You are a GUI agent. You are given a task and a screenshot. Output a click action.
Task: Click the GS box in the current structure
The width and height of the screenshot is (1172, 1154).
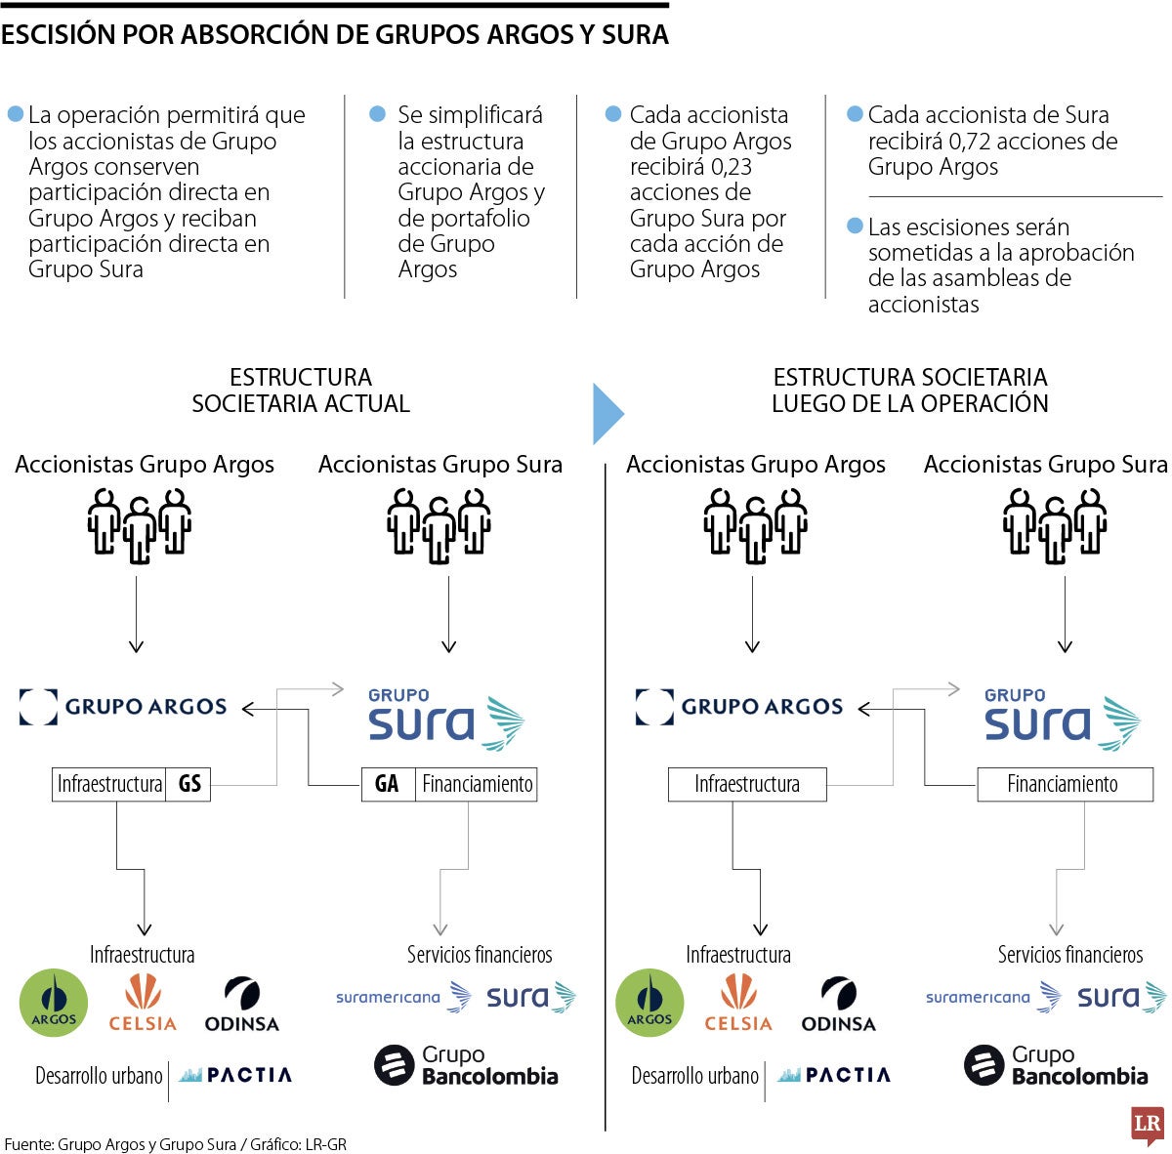(x=189, y=784)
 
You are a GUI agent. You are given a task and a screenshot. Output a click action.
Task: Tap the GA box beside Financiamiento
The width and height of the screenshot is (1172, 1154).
(x=387, y=784)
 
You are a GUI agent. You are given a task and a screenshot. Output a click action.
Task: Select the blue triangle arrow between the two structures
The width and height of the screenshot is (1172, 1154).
(x=607, y=414)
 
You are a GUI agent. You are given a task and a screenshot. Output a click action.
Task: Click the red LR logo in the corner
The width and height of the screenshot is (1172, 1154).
(x=1147, y=1125)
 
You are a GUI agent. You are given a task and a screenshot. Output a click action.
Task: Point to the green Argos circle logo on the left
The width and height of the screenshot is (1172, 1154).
(x=54, y=1003)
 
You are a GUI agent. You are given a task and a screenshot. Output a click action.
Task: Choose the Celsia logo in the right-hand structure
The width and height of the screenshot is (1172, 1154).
(x=738, y=1003)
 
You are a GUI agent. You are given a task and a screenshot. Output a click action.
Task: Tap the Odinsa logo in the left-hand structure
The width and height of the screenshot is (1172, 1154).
(x=241, y=1005)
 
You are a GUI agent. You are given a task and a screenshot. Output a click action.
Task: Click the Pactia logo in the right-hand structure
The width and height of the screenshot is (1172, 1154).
(x=834, y=1075)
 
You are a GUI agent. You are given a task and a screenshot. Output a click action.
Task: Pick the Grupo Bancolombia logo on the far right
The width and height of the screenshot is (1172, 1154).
(x=1056, y=1065)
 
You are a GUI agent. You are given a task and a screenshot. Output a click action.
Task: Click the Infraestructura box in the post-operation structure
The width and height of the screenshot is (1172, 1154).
(x=747, y=784)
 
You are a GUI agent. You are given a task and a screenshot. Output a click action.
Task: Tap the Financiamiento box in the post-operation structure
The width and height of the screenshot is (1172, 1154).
(x=1064, y=784)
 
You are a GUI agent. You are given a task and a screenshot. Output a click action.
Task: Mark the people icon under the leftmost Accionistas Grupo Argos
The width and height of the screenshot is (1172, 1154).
(x=139, y=524)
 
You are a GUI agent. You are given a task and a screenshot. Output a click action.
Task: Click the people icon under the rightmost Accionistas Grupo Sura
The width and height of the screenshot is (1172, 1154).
(x=1055, y=524)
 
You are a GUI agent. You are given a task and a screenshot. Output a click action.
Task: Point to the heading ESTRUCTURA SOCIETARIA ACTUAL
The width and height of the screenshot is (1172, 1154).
(x=301, y=391)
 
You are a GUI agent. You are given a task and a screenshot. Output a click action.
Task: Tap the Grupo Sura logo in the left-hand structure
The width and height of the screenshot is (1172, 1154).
(x=444, y=721)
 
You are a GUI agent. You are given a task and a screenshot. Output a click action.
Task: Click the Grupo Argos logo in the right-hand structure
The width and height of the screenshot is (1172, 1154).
(x=738, y=707)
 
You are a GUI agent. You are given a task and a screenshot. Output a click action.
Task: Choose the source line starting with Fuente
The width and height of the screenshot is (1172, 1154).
(x=176, y=1143)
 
